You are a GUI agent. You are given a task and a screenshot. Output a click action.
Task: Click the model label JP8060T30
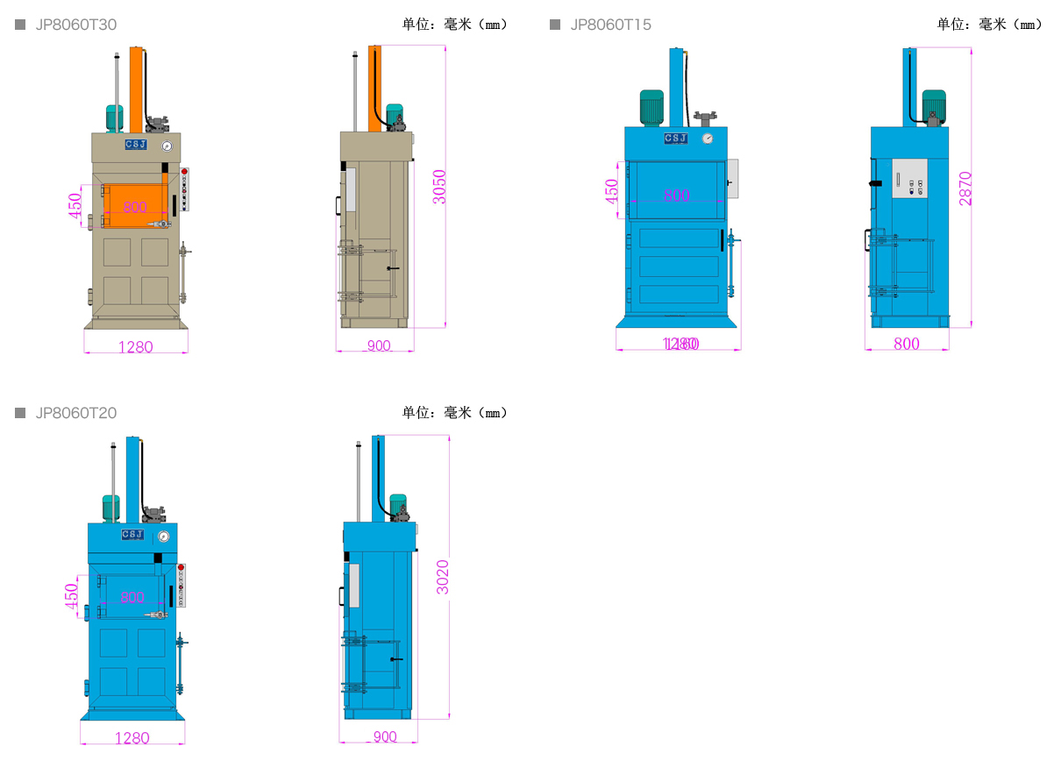tap(75, 25)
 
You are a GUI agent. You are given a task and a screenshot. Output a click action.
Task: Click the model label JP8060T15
tap(610, 25)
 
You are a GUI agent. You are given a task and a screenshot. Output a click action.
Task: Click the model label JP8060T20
tap(75, 413)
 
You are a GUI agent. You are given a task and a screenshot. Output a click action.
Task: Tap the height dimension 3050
tap(440, 187)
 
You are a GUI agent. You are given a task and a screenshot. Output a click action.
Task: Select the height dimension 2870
tap(965, 188)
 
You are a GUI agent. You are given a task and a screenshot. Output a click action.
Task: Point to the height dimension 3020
tap(443, 577)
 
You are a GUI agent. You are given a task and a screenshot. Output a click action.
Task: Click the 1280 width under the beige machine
tap(135, 347)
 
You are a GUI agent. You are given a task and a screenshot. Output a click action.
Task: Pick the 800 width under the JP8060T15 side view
tap(907, 344)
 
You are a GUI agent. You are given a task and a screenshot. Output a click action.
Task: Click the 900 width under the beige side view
tap(378, 346)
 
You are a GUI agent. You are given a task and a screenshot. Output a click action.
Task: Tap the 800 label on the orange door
tap(134, 208)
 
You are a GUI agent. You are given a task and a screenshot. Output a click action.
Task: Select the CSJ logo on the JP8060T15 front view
tap(675, 139)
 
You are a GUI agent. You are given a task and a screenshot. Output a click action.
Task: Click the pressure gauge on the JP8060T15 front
tap(708, 139)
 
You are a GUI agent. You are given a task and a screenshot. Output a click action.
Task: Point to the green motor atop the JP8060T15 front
tap(652, 107)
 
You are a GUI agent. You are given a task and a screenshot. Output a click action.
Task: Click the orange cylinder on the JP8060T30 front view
tap(136, 88)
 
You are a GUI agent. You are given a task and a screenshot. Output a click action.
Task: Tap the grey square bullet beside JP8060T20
tap(20, 413)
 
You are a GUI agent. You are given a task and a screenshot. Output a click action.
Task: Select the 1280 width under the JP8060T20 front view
tap(132, 738)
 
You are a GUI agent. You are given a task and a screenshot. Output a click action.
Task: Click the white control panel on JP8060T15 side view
tap(909, 178)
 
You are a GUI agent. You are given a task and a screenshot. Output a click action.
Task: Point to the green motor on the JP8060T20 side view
tap(398, 504)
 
